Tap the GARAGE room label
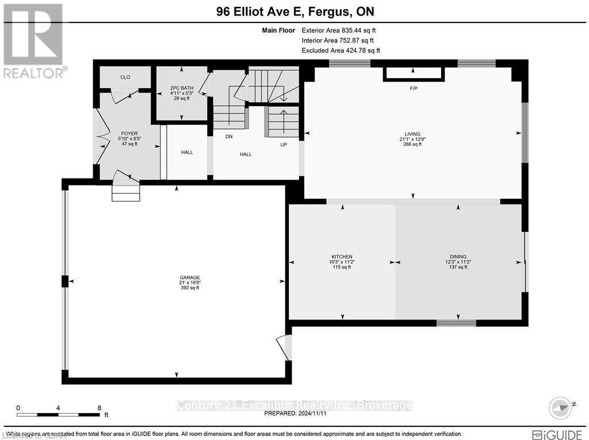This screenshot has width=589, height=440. click(189, 277)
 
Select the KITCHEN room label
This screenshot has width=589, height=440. click(341, 257)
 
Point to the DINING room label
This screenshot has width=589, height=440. click(458, 257)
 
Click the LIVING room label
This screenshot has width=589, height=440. click(412, 134)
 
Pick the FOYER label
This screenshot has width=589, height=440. click(129, 133)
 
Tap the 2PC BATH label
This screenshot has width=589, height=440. click(182, 88)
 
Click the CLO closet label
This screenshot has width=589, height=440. click(125, 77)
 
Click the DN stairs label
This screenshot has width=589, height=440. click(228, 137)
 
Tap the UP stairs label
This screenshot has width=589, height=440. click(283, 145)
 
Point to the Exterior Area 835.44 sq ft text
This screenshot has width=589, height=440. click(339, 30)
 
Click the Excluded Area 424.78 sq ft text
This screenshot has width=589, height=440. click(341, 51)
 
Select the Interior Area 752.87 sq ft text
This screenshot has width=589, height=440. click(338, 41)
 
